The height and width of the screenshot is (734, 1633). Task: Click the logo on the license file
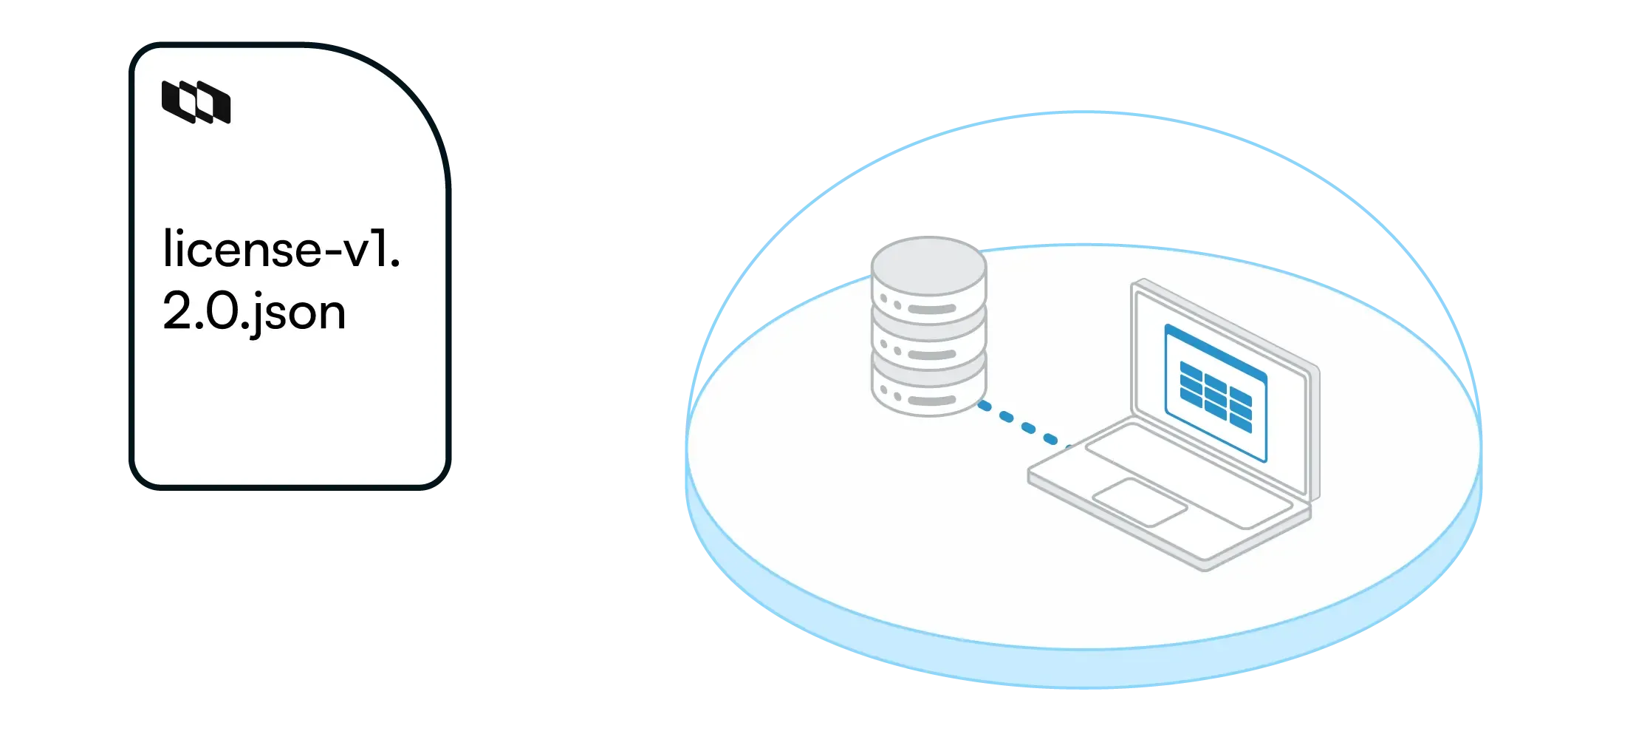(196, 102)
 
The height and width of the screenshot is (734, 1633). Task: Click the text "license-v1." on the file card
(281, 249)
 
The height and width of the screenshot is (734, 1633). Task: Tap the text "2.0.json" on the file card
(253, 313)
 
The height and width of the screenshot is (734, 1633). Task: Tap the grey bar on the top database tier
(931, 309)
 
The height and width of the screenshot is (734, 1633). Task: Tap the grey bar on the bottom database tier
(931, 400)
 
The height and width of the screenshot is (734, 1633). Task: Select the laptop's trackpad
(1140, 502)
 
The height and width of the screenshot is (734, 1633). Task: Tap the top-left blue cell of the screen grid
(1191, 370)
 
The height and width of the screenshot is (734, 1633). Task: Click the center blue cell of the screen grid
(1216, 396)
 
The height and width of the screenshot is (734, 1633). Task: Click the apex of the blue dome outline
(1083, 112)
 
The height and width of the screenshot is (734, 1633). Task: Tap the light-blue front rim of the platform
(1083, 669)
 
